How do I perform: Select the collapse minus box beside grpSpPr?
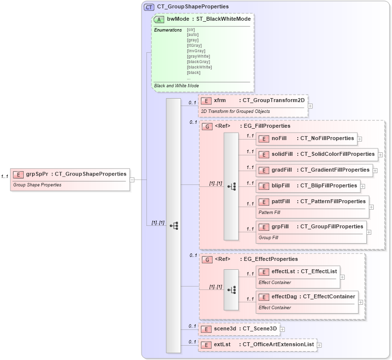pyautogui.click(x=132, y=180)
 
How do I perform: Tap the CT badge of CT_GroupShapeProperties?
pyautogui.click(x=148, y=7)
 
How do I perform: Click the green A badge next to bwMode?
pyautogui.click(x=159, y=19)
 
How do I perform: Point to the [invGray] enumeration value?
pyautogui.click(x=196, y=51)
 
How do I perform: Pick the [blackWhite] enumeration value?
pyautogui.click(x=200, y=67)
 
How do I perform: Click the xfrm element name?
pyautogui.click(x=220, y=100)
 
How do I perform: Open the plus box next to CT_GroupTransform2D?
pyautogui.click(x=310, y=106)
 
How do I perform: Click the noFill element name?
pyautogui.click(x=279, y=138)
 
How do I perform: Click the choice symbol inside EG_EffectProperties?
pyautogui.click(x=231, y=290)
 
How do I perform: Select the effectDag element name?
pyautogui.click(x=285, y=296)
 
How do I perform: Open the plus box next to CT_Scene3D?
pyautogui.click(x=283, y=328)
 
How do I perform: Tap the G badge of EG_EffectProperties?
pyautogui.click(x=208, y=259)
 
